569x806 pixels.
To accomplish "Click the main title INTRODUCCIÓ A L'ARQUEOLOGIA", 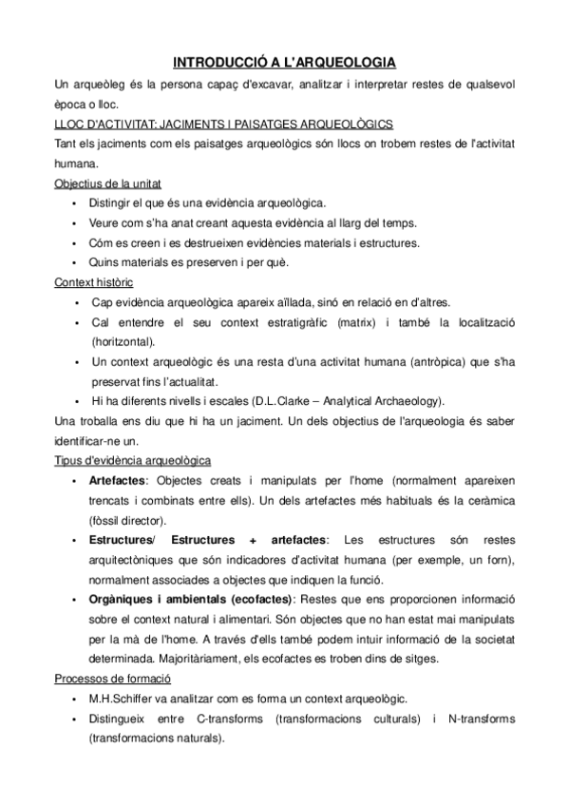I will pos(284,63).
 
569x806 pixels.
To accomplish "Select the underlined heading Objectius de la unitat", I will pos(100,182).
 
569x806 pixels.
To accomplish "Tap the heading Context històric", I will pos(94,282).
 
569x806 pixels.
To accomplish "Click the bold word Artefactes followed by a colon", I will pos(119,481).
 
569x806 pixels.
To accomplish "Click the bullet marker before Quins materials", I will pos(75,262).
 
